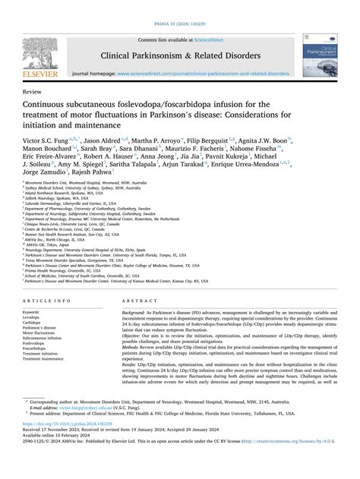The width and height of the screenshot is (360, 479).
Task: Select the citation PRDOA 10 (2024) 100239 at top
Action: [180, 5]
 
